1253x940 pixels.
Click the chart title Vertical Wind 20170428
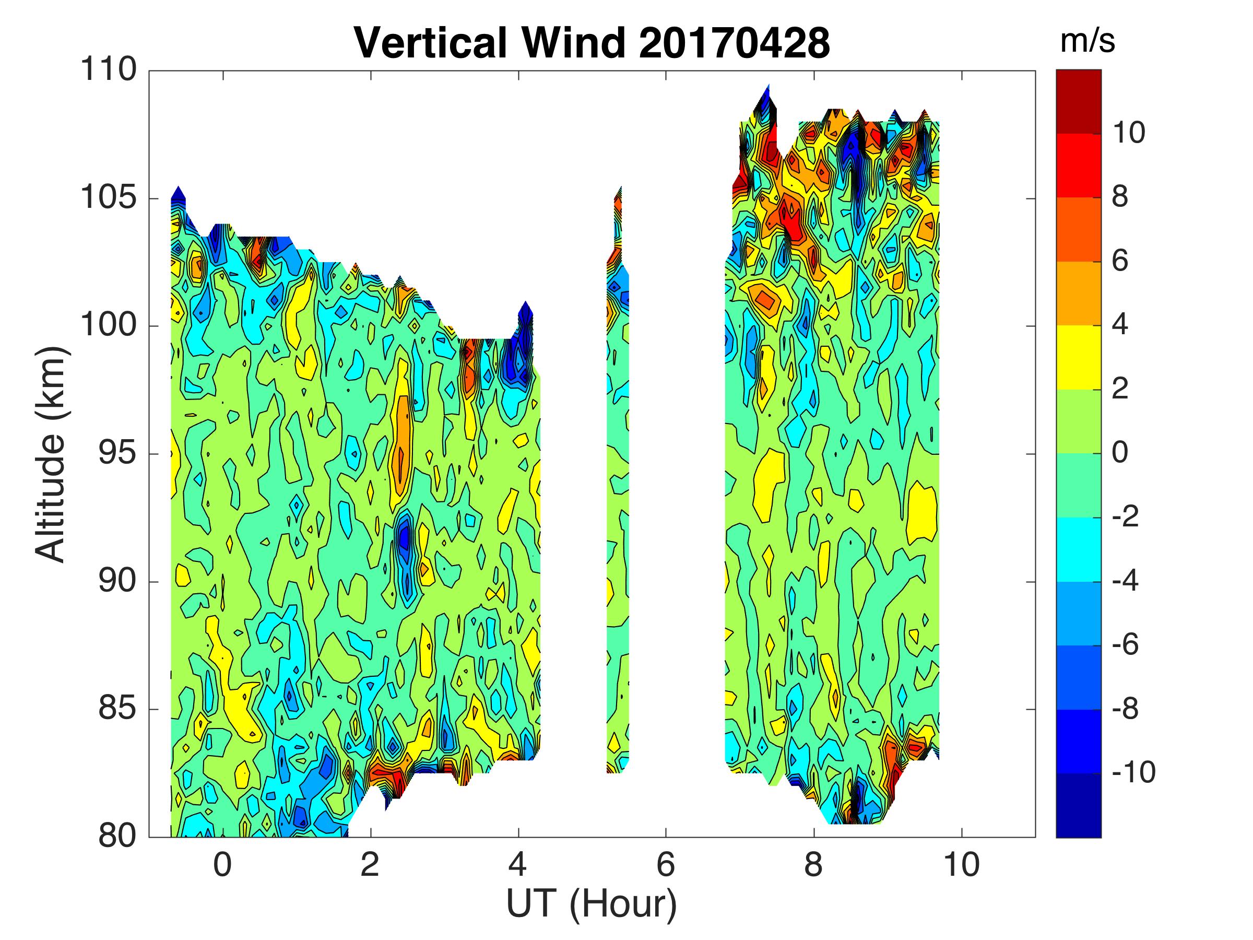coord(592,42)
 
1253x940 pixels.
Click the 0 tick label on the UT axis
coord(222,865)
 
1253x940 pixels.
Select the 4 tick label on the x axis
coord(518,865)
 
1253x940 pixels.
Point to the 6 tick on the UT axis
coord(666,865)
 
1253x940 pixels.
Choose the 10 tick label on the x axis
coord(961,865)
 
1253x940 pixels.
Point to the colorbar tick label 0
coord(1120,453)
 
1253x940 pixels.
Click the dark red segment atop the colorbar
coord(1079,102)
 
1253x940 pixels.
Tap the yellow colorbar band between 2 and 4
coord(1079,358)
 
